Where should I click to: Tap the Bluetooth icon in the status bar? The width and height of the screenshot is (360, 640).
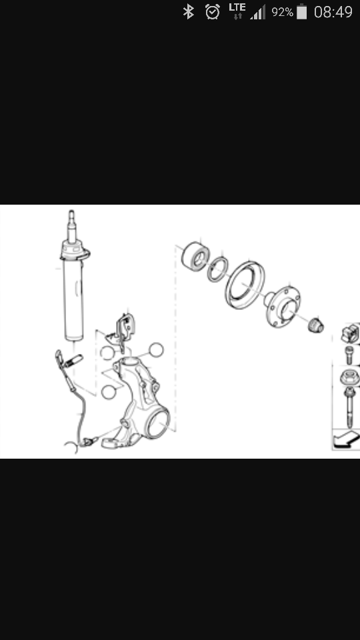[x=188, y=11]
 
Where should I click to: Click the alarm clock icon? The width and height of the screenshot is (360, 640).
[x=213, y=12]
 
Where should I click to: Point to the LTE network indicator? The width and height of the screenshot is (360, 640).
[x=237, y=11]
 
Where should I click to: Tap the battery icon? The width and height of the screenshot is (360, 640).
[x=301, y=11]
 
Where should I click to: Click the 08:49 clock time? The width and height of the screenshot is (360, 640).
[x=333, y=12]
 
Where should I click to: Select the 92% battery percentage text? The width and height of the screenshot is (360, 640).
[x=282, y=12]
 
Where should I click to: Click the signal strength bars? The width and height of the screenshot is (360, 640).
[x=258, y=12]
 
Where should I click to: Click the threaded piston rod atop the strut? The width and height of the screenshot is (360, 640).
[x=71, y=227]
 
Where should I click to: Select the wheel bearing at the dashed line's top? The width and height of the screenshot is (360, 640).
[x=195, y=255]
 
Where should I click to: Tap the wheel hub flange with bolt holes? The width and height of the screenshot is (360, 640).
[x=283, y=306]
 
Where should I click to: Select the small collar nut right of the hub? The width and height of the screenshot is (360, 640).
[x=315, y=326]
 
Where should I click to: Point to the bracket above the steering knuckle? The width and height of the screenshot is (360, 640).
[x=121, y=331]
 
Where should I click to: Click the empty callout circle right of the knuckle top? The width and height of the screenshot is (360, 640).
[x=156, y=350]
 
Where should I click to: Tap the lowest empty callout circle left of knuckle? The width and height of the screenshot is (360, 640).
[x=108, y=392]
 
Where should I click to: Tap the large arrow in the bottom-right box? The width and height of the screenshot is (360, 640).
[x=346, y=440]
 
